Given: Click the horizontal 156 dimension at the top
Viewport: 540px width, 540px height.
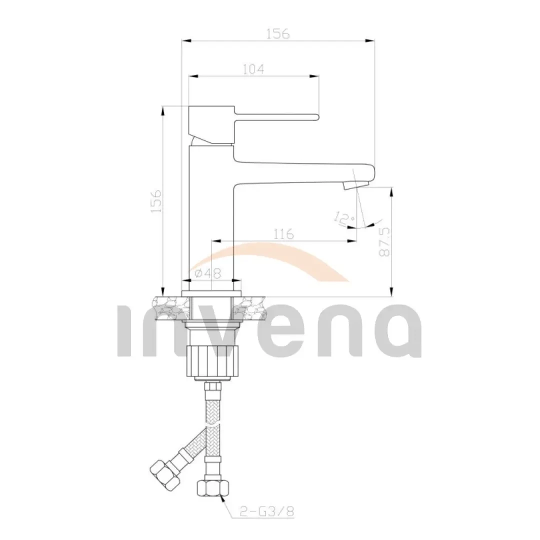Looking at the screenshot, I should pyautogui.click(x=278, y=33).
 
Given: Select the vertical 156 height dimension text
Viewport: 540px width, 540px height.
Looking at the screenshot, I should pyautogui.click(x=156, y=201).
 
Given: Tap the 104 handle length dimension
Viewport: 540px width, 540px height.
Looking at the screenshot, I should pyautogui.click(x=253, y=69).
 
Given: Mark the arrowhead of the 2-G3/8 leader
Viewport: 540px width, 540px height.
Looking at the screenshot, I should pyautogui.click(x=221, y=495).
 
